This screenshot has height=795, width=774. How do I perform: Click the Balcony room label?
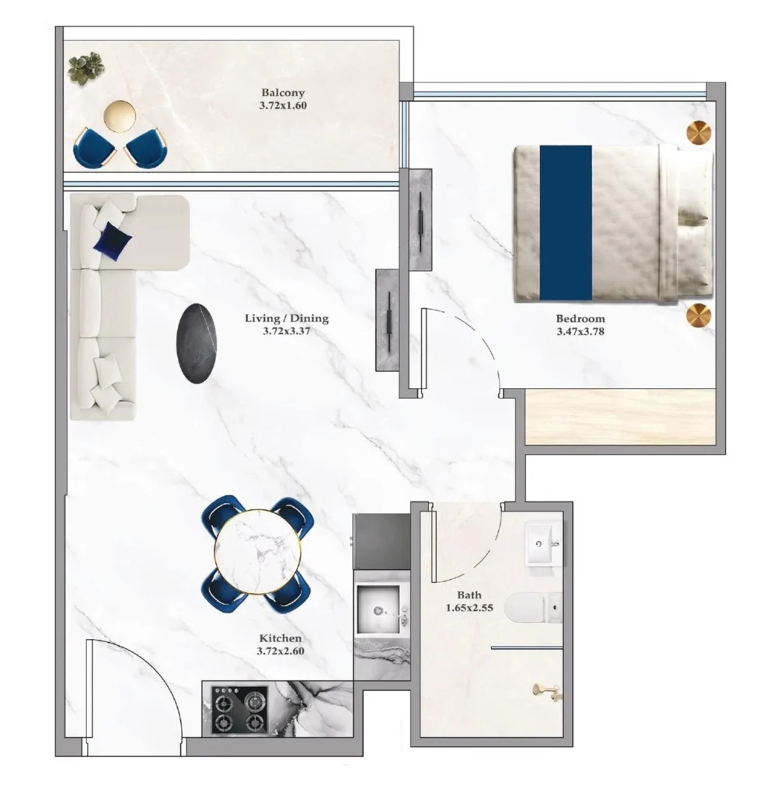click(284, 93)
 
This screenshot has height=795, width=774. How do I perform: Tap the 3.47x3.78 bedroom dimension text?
click(580, 332)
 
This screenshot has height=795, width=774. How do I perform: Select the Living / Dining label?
click(286, 318)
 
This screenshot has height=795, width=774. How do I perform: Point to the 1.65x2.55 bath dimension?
click(469, 609)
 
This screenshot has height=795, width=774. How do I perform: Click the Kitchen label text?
click(280, 638)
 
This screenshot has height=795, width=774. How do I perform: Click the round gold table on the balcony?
click(120, 116)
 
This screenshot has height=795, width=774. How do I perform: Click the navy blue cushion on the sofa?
click(110, 240)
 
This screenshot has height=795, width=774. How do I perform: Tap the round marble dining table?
click(256, 552)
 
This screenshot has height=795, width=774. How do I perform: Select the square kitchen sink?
click(378, 610)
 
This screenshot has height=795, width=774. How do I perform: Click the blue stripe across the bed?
click(565, 223)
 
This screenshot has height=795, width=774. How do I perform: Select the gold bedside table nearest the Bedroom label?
click(699, 315)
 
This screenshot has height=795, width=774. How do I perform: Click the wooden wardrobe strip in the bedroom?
click(620, 416)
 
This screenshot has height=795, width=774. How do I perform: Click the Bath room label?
click(469, 596)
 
